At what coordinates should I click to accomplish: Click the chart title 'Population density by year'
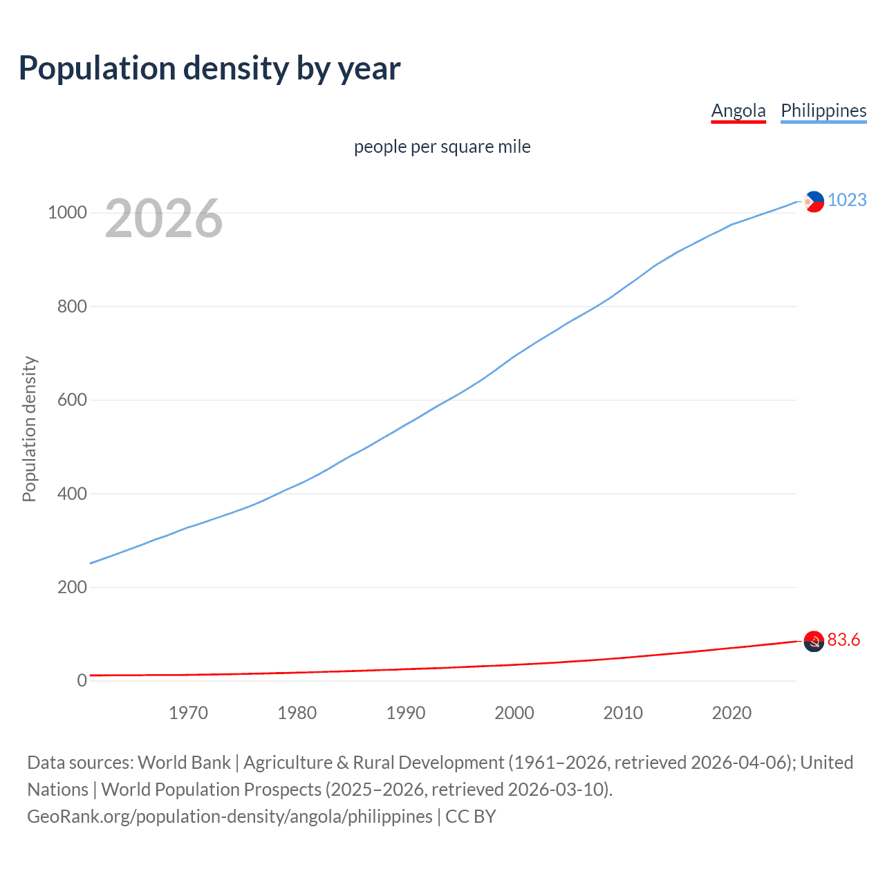click(x=209, y=68)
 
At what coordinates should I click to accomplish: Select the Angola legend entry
click(x=738, y=111)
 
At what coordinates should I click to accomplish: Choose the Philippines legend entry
click(x=823, y=111)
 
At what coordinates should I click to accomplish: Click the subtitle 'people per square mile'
click(x=442, y=147)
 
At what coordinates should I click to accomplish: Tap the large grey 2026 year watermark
click(x=164, y=218)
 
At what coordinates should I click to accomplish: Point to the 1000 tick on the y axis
click(x=67, y=212)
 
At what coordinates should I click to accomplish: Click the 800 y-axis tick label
click(x=72, y=306)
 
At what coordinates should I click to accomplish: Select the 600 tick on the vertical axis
click(x=72, y=400)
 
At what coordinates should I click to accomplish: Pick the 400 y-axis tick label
click(x=72, y=494)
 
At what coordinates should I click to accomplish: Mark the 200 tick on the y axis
click(x=72, y=587)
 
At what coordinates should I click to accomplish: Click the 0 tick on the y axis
click(x=82, y=680)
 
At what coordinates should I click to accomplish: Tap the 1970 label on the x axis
click(x=188, y=713)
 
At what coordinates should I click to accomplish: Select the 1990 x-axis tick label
click(x=406, y=713)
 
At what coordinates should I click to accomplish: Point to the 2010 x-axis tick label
click(x=623, y=713)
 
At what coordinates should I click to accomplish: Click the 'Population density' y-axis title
click(x=29, y=429)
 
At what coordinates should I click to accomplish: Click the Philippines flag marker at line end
click(x=814, y=201)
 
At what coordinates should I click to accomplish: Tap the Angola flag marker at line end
click(x=814, y=642)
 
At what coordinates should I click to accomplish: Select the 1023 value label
click(x=847, y=200)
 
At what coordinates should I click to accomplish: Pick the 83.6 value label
click(x=844, y=640)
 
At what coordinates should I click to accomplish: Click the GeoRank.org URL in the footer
click(x=230, y=817)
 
